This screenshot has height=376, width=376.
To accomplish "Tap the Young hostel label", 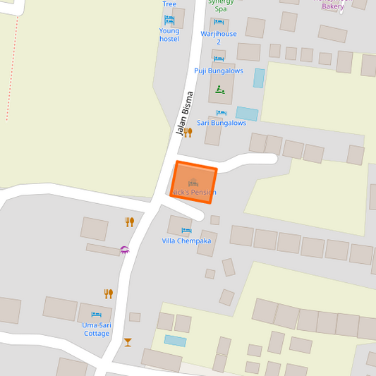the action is pos(169,35).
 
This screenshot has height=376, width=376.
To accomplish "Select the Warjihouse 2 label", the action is pos(219,37).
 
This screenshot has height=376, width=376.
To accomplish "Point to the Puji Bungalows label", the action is pos(219,71).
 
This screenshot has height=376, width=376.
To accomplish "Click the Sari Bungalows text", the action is pos(222,123).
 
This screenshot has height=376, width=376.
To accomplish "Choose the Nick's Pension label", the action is pos(194,193).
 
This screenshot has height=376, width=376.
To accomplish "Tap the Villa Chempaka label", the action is pos(186,241).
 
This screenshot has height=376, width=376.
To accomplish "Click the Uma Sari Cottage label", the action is pos(97,329).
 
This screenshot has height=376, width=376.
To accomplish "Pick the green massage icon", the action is pos(220,90).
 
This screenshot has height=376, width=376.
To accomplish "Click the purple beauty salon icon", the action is pos(125,249).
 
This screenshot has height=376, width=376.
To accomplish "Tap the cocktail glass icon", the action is pos(128,342).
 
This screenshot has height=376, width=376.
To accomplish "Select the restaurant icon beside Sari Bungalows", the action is pos(188,132).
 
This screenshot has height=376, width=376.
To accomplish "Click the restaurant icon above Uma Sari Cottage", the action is pos(109,293).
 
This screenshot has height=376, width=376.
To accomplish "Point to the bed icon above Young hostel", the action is pos(169,19).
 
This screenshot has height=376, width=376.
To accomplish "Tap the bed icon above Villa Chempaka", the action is pos(186,231).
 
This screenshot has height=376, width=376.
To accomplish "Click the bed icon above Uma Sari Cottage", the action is pos(97,315).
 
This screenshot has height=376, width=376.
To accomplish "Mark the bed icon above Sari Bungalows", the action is pos(222,113).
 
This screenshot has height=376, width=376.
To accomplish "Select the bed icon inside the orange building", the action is pos(193,183).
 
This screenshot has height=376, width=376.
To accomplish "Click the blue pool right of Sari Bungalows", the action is pos(247,114).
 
